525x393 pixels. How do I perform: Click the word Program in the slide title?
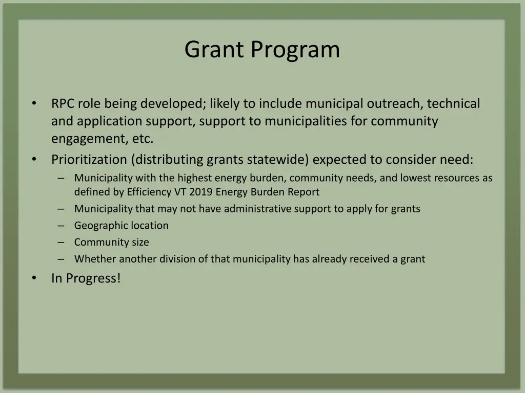pyautogui.click(x=295, y=50)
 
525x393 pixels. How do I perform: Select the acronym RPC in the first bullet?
pyautogui.click(x=63, y=104)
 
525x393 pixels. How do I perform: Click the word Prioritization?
pyautogui.click(x=89, y=160)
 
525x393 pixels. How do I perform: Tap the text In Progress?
pyautogui.click(x=86, y=278)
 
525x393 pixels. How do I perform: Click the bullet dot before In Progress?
pyautogui.click(x=34, y=278)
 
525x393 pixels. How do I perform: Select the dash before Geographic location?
pyautogui.click(x=62, y=226)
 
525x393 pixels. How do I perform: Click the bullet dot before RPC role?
pyautogui.click(x=34, y=104)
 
